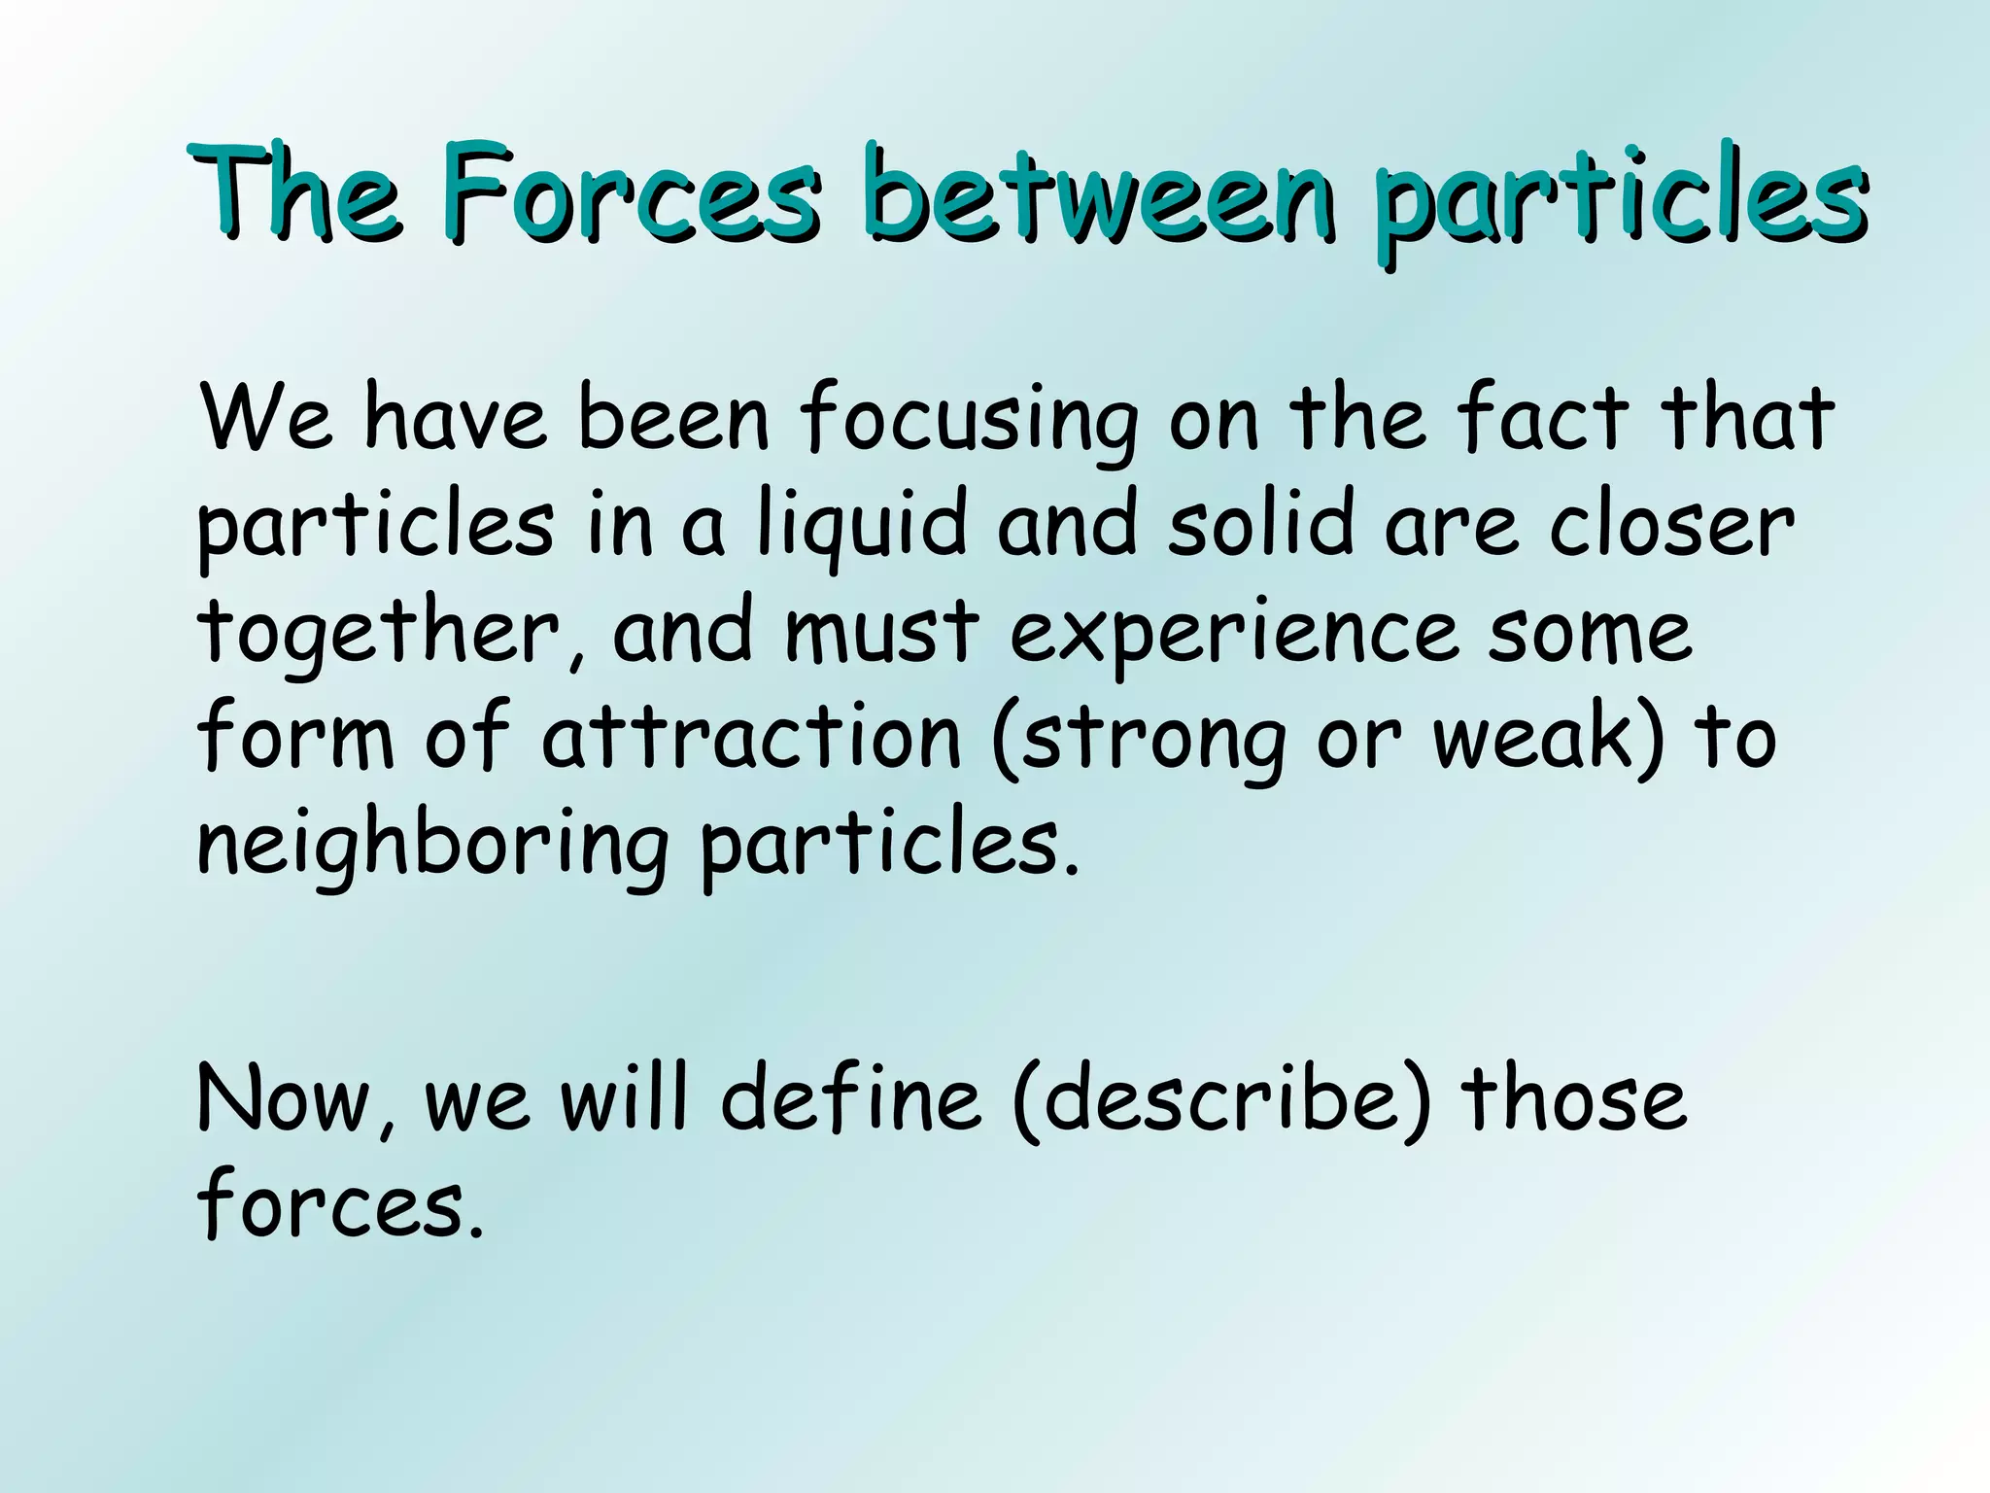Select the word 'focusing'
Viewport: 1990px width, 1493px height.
point(968,421)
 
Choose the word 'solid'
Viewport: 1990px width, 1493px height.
point(1260,525)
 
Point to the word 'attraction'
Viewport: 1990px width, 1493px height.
point(751,739)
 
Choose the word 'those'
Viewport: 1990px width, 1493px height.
point(1574,1098)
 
